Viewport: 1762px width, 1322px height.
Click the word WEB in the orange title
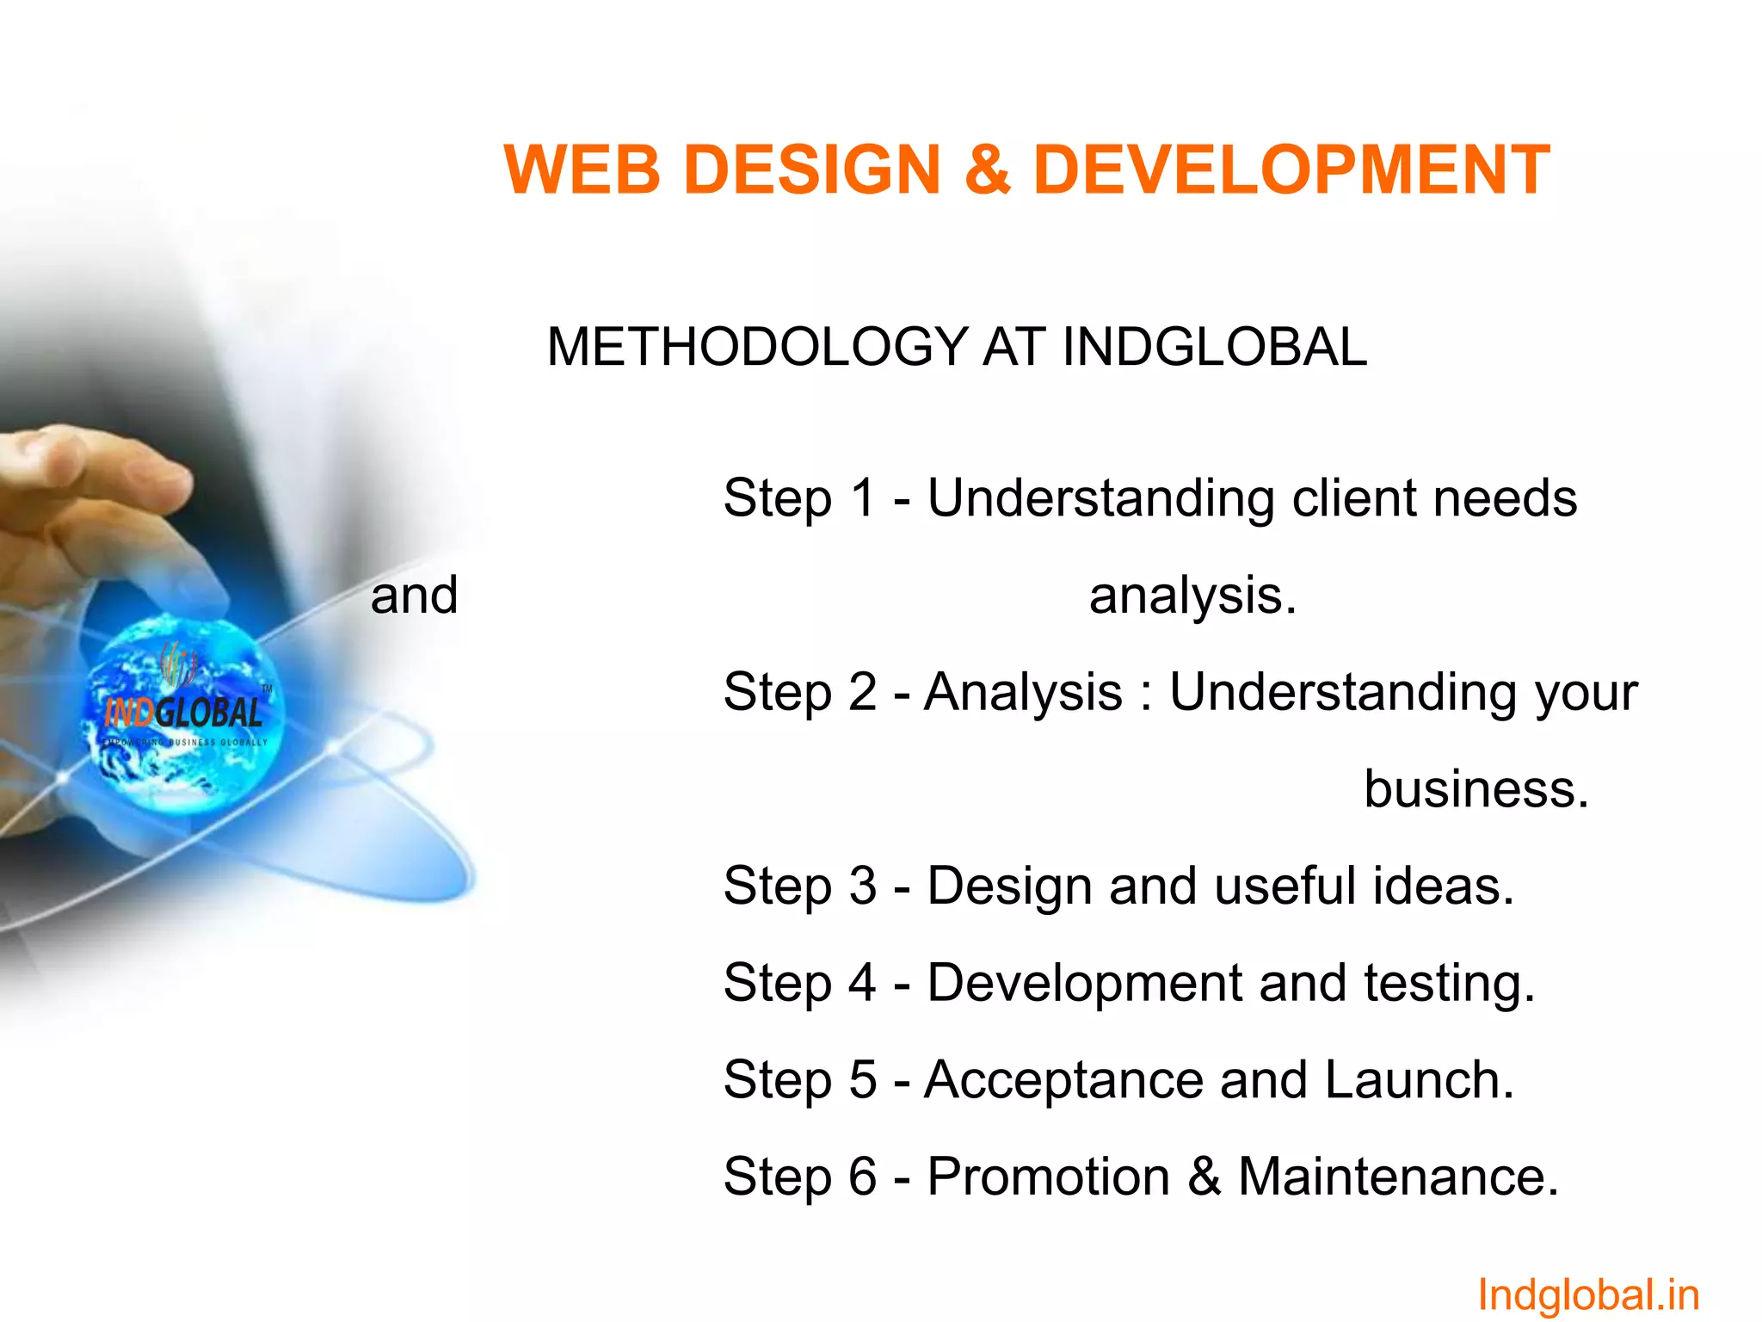pos(582,170)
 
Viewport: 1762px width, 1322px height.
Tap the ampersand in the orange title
pos(987,170)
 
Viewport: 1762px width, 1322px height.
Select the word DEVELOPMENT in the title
pos(1291,170)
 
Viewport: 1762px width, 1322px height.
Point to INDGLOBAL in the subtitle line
pos(1214,347)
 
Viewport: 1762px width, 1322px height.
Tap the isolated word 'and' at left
pos(414,595)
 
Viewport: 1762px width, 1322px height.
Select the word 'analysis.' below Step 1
pos(1192,596)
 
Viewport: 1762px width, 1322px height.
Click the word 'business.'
pos(1476,788)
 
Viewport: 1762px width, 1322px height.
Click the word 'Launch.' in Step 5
pos(1420,1079)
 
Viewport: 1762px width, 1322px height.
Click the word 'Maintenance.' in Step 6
pos(1398,1177)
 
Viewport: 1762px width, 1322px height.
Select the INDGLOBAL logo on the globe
pos(183,712)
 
